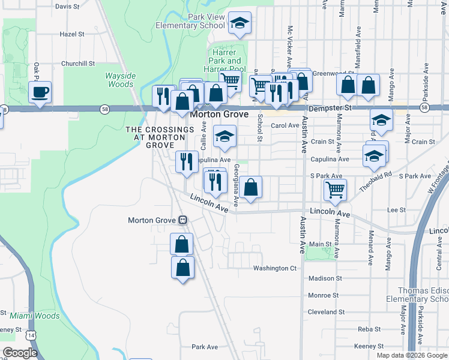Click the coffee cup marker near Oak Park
(40, 92)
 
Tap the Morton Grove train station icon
(182, 220)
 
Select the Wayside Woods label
(119, 80)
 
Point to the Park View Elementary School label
(190, 22)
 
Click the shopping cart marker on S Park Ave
(335, 190)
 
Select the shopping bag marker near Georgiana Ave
(252, 187)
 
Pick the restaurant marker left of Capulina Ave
(186, 161)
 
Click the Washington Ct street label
(275, 268)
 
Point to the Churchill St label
(78, 63)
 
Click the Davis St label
(67, 7)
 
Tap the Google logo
(20, 353)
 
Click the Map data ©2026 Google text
(412, 355)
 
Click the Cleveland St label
(326, 312)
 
